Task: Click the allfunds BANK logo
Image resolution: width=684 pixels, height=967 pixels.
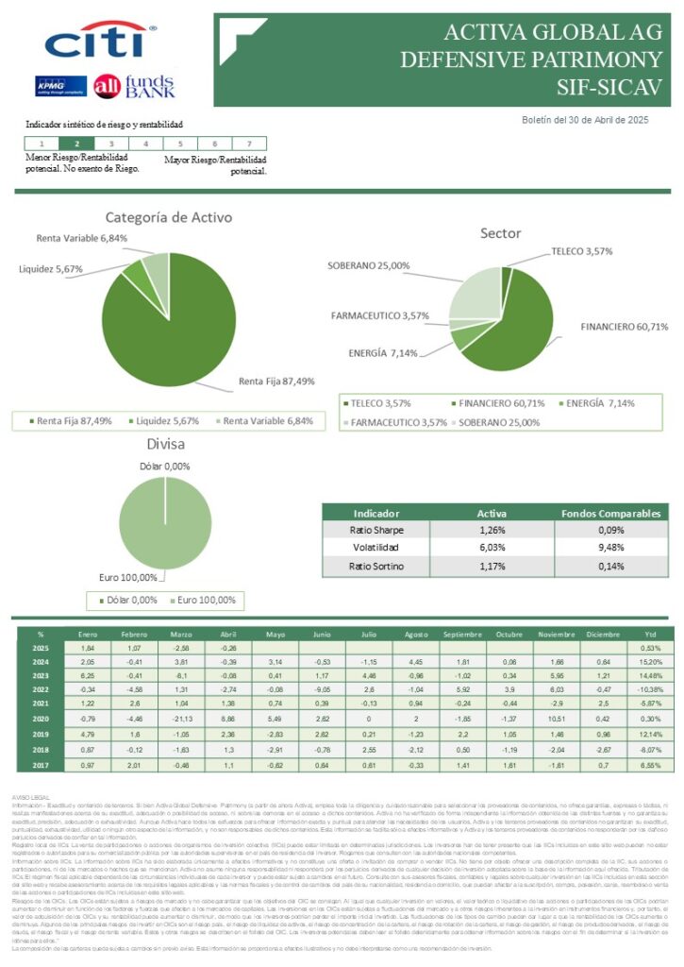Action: [134, 86]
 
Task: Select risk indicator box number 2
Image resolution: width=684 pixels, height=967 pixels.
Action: [76, 144]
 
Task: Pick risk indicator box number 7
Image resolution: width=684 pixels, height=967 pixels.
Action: [248, 144]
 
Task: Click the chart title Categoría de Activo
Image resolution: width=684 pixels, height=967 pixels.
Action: [169, 217]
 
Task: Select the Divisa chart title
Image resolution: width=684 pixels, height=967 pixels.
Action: [165, 444]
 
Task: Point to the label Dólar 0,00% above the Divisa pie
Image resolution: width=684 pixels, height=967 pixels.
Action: [164, 467]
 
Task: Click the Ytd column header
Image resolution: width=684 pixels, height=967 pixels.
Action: [650, 634]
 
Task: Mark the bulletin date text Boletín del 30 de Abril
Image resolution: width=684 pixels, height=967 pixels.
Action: [585, 120]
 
